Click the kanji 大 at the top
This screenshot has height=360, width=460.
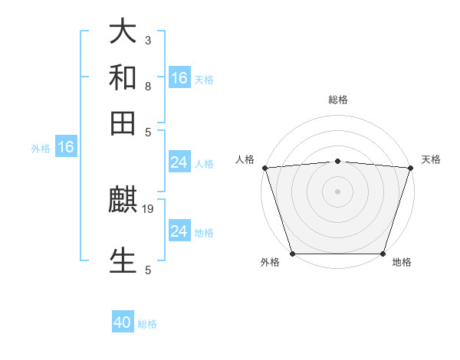[x=123, y=32]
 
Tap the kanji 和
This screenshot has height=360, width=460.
[x=123, y=77]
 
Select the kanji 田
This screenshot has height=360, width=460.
[x=123, y=122]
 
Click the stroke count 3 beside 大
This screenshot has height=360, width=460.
[x=147, y=41]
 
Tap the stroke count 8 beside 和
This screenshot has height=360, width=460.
[x=147, y=87]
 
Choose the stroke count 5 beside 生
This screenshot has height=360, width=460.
[x=147, y=270]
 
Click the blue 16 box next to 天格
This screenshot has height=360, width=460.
[x=179, y=78]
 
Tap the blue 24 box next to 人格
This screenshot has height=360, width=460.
[x=179, y=162]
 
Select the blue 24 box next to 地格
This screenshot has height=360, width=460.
[x=179, y=231]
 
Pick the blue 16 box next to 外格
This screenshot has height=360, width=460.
[x=66, y=147]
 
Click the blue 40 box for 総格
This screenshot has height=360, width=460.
[x=123, y=322]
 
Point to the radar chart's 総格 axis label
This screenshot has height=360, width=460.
[x=337, y=100]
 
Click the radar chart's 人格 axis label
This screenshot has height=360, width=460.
[x=245, y=159]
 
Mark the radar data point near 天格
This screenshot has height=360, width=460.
[x=410, y=168]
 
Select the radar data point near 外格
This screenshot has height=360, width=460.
[x=292, y=254]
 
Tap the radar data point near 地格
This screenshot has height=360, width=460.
[x=383, y=254]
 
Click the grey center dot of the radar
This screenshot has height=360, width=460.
[x=337, y=191]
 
